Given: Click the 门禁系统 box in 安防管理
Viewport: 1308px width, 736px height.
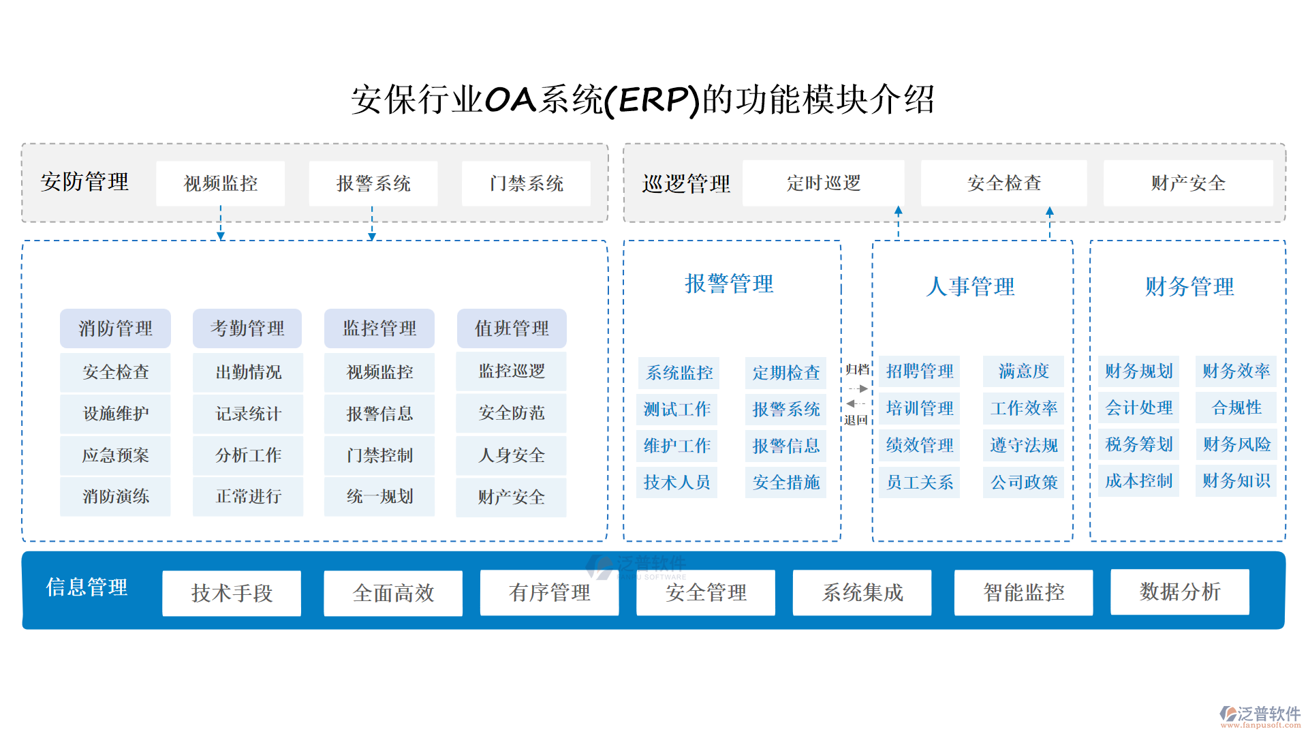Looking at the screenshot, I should click(x=526, y=183).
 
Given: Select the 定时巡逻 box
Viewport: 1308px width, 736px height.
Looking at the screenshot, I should click(x=823, y=183).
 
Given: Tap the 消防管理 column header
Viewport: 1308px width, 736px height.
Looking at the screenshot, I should click(x=115, y=328).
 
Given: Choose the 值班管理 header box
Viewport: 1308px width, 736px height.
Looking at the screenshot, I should click(x=512, y=328).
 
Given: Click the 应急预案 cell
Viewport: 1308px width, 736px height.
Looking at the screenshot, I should click(x=115, y=455).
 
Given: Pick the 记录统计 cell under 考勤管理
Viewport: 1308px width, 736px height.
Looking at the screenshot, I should click(x=248, y=414).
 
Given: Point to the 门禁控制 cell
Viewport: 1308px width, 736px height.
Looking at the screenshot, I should click(x=379, y=455).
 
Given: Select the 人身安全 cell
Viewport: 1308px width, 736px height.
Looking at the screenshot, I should click(x=511, y=455).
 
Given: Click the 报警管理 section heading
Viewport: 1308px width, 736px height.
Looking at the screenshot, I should click(x=729, y=283).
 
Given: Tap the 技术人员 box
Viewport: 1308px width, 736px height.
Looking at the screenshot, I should click(x=676, y=482).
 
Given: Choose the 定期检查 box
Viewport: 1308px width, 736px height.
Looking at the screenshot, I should click(x=785, y=372).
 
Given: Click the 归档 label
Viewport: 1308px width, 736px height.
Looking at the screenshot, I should click(x=857, y=369).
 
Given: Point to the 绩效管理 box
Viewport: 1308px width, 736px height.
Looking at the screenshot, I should click(x=919, y=445).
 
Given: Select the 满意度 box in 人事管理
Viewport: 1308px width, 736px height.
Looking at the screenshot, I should click(x=1023, y=371).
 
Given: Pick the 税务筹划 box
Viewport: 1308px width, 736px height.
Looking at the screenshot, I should click(x=1138, y=444).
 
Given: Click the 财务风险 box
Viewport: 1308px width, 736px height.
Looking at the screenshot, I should click(x=1236, y=444).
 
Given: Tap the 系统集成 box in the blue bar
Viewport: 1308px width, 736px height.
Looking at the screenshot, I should click(x=862, y=592).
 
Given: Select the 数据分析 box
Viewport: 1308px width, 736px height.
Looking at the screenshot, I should click(x=1179, y=592).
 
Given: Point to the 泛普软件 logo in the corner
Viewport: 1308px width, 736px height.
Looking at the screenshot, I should click(x=1260, y=716).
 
